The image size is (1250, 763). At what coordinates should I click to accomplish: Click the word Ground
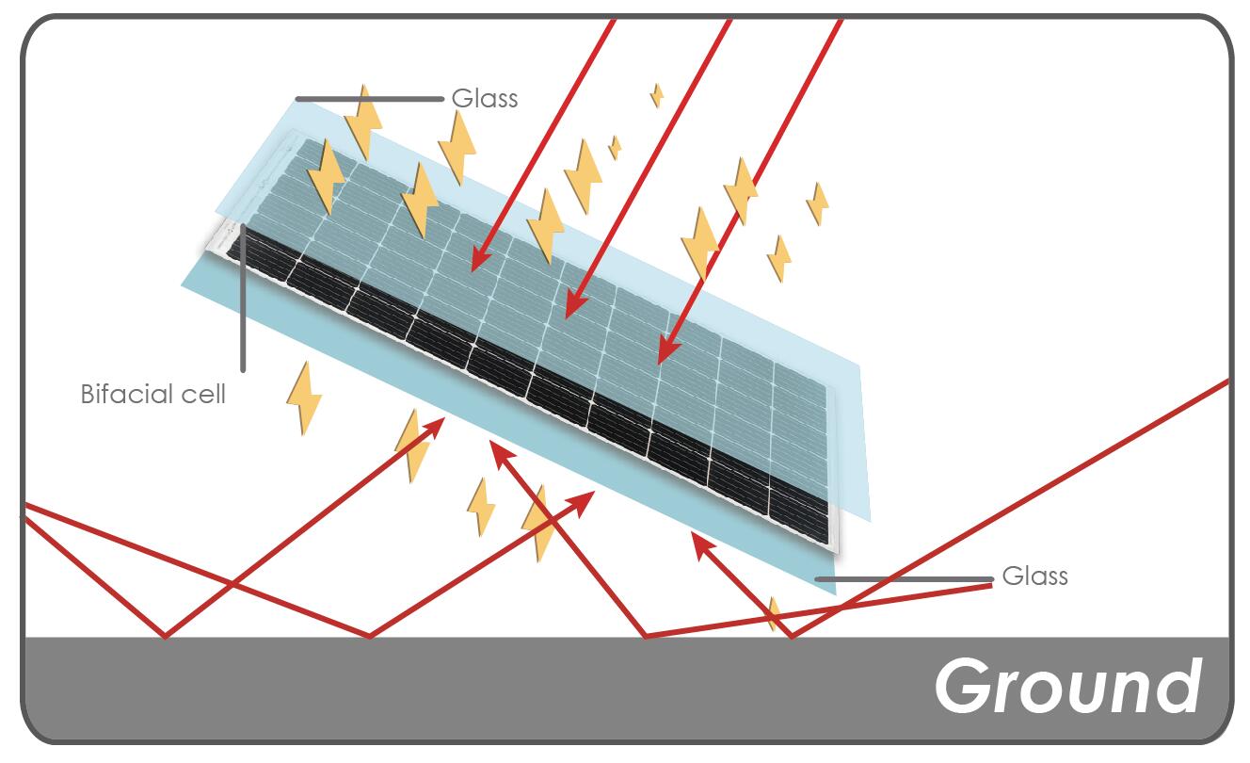click(x=1068, y=686)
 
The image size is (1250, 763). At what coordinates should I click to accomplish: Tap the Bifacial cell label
click(x=152, y=394)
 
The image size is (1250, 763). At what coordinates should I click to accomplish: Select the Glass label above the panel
click(x=485, y=98)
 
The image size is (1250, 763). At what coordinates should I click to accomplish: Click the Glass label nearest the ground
click(x=1034, y=576)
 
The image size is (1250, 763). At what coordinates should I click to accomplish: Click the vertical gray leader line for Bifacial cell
click(x=243, y=301)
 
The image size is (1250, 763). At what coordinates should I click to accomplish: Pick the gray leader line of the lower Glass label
click(x=904, y=579)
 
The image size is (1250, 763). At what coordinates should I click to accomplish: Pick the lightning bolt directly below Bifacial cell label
click(x=303, y=398)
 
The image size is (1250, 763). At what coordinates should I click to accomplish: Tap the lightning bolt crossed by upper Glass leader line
click(x=362, y=121)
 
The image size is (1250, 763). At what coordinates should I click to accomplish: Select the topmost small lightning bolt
click(x=656, y=95)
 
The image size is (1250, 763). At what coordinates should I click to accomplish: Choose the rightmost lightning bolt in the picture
click(x=817, y=203)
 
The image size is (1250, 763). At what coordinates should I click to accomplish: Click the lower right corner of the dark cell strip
click(x=828, y=543)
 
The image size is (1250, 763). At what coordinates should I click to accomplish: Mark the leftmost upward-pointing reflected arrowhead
click(x=435, y=424)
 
